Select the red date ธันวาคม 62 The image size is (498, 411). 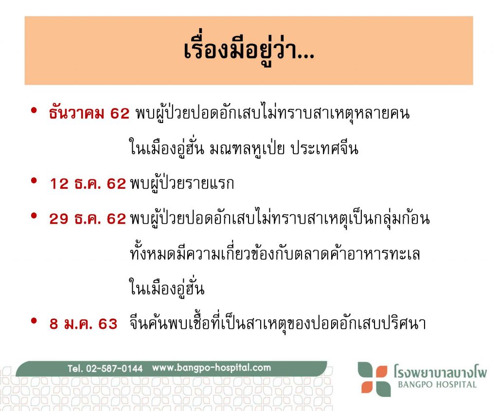pyautogui.click(x=89, y=113)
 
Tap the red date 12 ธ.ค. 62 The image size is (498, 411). pyautogui.click(x=88, y=184)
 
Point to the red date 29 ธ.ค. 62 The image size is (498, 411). pyautogui.click(x=88, y=219)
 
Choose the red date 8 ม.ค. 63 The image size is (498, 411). pyautogui.click(x=84, y=324)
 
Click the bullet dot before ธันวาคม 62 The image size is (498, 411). pyautogui.click(x=34, y=110)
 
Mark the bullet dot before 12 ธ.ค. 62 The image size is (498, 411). pyautogui.click(x=34, y=181)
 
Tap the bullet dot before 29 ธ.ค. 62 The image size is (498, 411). pyautogui.click(x=34, y=216)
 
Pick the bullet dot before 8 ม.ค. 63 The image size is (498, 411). pyautogui.click(x=34, y=321)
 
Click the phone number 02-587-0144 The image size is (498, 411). pyautogui.click(x=114, y=368)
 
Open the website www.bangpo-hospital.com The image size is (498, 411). pyautogui.click(x=212, y=368)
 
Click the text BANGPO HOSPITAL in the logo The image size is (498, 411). pyautogui.click(x=437, y=385)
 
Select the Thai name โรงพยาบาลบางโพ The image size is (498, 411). pyautogui.click(x=440, y=371)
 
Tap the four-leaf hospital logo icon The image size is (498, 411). pyautogui.click(x=374, y=379)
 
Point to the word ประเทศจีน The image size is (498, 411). pyautogui.click(x=324, y=149)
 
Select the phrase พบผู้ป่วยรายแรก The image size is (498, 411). pyautogui.click(x=182, y=184)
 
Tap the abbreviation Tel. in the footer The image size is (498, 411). pyautogui.click(x=75, y=368)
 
